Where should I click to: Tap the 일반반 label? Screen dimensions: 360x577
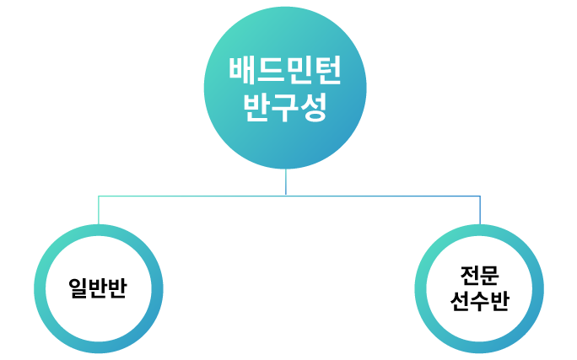coord(98,289)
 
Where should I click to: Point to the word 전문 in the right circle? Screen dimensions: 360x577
coord(479,276)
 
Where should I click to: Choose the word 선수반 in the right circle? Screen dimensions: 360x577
coord(479,301)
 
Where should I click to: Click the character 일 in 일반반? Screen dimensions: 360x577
coord(78,289)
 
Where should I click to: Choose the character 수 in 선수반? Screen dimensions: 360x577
coord(479,301)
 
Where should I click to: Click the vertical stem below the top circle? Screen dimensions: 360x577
coord(286,182)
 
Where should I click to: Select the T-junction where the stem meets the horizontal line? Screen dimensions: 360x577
coord(286,196)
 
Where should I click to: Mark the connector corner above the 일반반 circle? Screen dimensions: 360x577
coord(99,196)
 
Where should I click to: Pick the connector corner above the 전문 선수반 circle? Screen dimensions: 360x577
coord(480,196)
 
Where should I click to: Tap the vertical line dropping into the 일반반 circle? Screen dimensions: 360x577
coord(99,211)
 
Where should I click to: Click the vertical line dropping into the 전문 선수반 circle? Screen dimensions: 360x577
coord(480,211)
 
